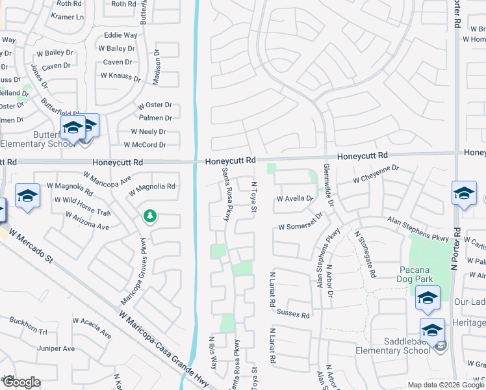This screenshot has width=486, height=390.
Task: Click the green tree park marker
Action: click(x=150, y=216)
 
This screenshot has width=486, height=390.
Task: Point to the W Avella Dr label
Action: click(x=295, y=199)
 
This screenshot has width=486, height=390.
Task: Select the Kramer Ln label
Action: click(x=67, y=17)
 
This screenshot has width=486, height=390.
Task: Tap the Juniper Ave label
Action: click(x=56, y=348)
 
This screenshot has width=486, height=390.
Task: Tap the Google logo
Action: click(x=21, y=382)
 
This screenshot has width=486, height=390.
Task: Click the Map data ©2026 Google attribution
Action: click(x=446, y=385)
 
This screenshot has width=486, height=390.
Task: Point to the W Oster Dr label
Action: click(x=154, y=105)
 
